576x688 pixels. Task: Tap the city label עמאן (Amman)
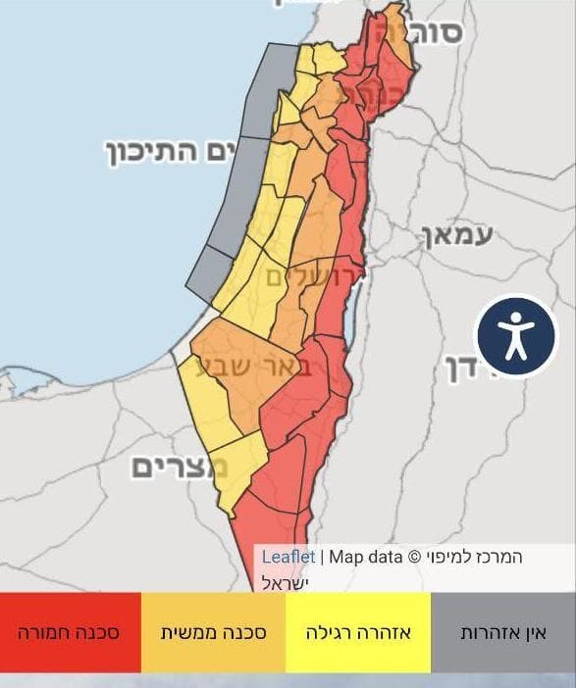pos(457,235)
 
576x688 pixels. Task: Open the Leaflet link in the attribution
pos(288,557)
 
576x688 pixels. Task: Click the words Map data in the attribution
pos(365,557)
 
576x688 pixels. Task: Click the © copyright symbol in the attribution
pos(413,557)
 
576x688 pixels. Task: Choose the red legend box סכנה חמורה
pos(69,633)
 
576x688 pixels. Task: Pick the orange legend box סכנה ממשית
pos(213,633)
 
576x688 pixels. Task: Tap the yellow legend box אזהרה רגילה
pos(357,633)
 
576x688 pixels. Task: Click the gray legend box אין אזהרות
pos(503,633)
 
